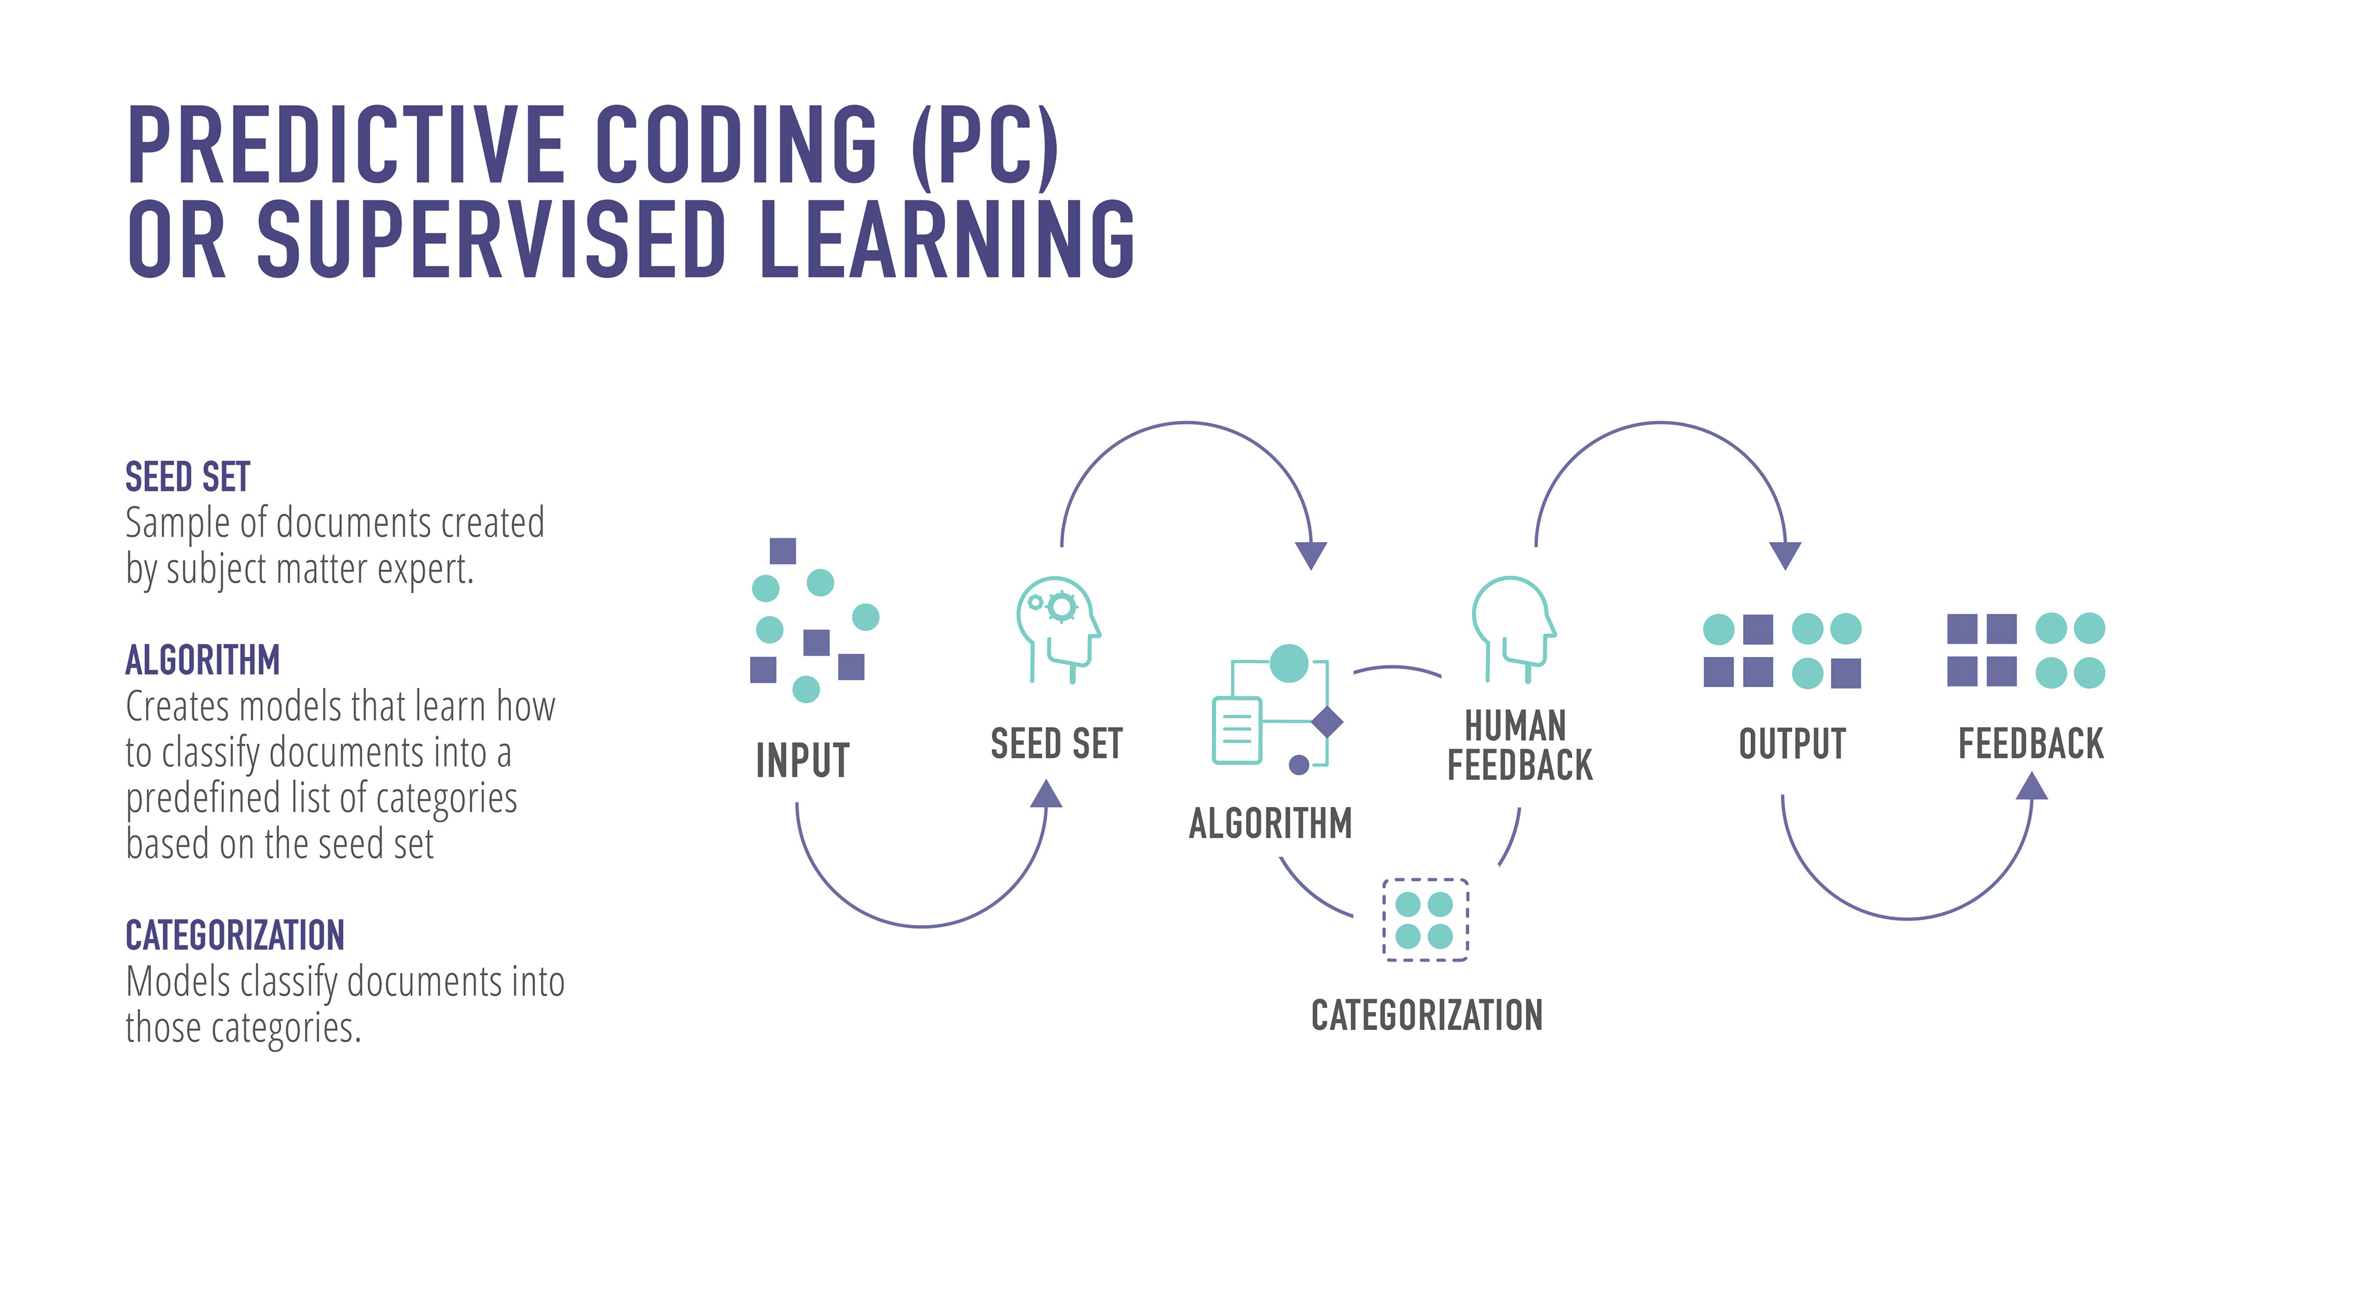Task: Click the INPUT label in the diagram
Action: tap(802, 760)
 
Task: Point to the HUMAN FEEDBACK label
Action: tap(1519, 745)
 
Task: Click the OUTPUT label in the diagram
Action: tap(1792, 744)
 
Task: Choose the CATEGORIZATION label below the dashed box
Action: tap(1426, 1015)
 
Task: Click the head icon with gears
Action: tap(1057, 628)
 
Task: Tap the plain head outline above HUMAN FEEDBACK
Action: tap(1513, 628)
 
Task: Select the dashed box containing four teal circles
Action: tap(1425, 919)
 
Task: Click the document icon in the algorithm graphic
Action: tap(1236, 730)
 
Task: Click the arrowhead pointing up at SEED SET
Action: tap(1046, 794)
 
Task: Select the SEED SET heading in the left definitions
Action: tap(188, 478)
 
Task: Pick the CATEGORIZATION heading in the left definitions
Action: tap(235, 935)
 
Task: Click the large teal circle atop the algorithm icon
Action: tap(1289, 663)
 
